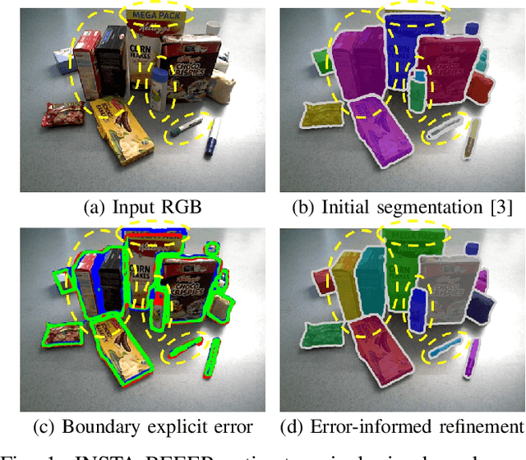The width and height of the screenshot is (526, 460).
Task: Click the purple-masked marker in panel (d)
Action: pos(473,357)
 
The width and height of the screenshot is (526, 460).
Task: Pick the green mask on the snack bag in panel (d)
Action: pos(317,337)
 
